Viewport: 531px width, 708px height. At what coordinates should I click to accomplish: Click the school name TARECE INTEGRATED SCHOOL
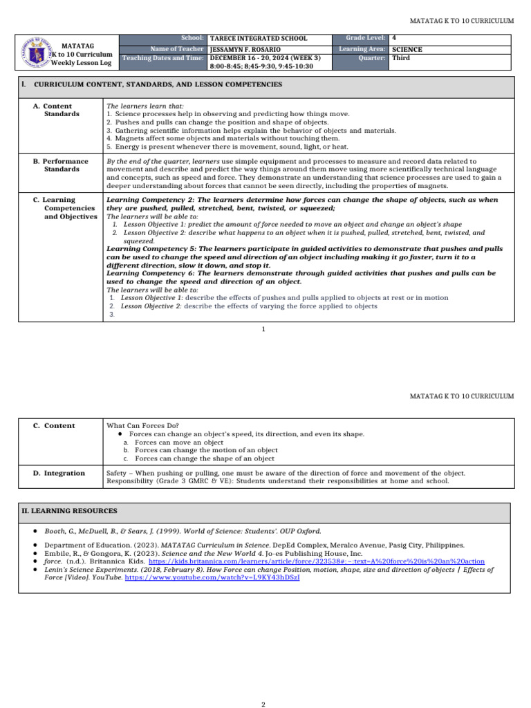point(258,39)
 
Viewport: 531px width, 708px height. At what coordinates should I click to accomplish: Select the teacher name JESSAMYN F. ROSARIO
point(248,50)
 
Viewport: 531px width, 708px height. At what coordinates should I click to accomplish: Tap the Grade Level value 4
point(393,39)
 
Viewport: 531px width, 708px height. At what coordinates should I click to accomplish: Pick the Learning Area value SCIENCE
point(407,50)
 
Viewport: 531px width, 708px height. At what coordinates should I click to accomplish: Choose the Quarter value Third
point(400,58)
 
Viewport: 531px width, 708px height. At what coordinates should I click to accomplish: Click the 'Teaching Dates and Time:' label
point(163,58)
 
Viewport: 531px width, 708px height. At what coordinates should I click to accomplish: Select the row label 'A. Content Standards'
point(61,110)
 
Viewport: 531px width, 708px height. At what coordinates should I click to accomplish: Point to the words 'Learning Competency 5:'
point(145,248)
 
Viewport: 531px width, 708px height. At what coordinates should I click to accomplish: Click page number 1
point(263,329)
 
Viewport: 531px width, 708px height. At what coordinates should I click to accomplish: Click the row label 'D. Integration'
point(59,473)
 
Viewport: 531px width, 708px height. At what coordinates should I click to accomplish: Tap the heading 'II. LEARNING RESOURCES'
point(68,511)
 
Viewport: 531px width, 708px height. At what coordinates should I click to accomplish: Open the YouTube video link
point(212,577)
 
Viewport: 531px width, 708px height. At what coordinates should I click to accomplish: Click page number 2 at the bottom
point(263,684)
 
